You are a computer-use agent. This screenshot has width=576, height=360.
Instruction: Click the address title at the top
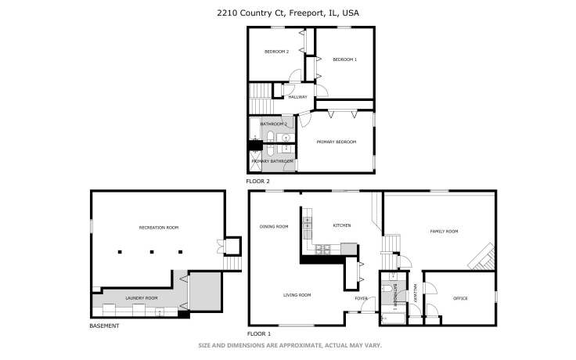point(287,13)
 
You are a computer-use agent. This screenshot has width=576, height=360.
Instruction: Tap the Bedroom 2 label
point(276,52)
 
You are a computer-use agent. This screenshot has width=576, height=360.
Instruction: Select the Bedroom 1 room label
point(344,59)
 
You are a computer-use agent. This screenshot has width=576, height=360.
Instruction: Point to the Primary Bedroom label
point(336,142)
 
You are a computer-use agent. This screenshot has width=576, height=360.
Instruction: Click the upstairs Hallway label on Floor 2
point(297,97)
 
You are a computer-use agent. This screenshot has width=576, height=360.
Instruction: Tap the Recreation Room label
point(159,227)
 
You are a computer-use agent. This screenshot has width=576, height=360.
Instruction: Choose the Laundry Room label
point(142,298)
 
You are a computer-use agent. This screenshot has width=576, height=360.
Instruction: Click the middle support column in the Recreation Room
point(151,252)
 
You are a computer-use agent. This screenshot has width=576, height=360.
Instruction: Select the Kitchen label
point(341,225)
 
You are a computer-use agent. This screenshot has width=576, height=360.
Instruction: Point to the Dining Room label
point(274,227)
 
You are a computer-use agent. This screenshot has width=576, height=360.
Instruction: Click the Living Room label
point(297,295)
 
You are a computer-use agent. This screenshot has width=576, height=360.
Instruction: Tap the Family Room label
point(444,232)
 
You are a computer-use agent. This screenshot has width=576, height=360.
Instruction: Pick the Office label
point(460,298)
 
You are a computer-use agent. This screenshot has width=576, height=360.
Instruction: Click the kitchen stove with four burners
point(321,250)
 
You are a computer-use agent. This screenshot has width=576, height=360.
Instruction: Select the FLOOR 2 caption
point(257,181)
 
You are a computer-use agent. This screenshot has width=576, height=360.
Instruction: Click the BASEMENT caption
point(104,326)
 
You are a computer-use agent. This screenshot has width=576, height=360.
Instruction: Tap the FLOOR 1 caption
point(258,333)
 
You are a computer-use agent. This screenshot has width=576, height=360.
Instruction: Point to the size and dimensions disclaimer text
point(287,345)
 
